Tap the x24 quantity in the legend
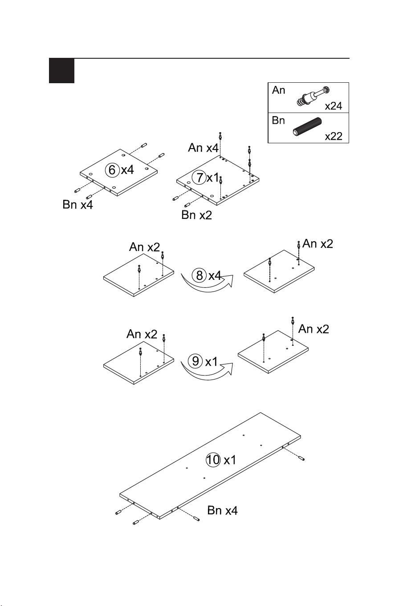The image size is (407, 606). (x=334, y=106)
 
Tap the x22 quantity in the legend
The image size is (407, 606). (x=334, y=136)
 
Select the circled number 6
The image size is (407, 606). (x=112, y=170)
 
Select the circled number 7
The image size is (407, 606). (x=199, y=178)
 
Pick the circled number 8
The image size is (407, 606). (x=199, y=275)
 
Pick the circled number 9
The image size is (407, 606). (x=195, y=361)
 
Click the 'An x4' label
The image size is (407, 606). (x=203, y=148)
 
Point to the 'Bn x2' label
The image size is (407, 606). (x=196, y=215)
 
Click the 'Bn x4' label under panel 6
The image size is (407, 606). (x=78, y=205)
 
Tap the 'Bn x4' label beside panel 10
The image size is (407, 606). (x=222, y=510)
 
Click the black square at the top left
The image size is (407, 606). (x=61, y=71)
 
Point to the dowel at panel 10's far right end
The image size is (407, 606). (x=301, y=458)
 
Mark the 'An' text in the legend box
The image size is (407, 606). (x=278, y=90)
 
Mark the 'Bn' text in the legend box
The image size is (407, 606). (x=278, y=121)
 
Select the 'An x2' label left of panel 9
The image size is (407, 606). (x=142, y=335)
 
